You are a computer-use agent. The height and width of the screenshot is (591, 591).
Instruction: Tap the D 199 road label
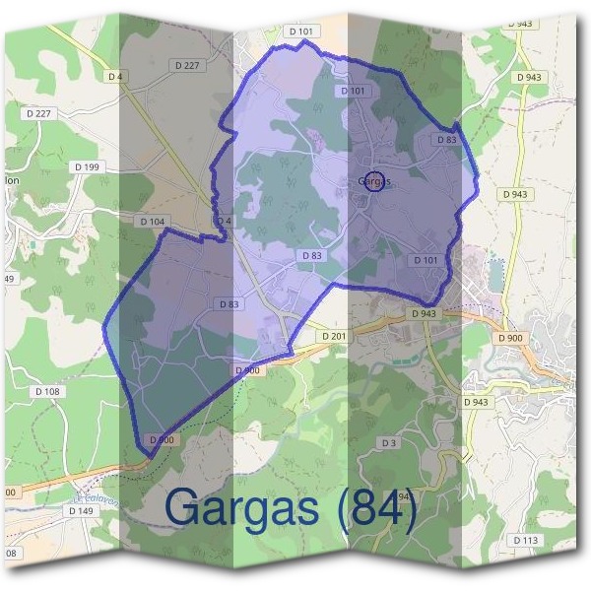(x=87, y=167)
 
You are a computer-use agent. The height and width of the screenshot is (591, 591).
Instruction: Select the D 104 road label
(x=152, y=222)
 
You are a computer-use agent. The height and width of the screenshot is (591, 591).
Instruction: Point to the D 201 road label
(x=334, y=337)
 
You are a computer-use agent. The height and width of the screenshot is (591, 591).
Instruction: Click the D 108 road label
(x=47, y=391)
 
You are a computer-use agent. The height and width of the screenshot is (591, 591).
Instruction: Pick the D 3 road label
(x=389, y=443)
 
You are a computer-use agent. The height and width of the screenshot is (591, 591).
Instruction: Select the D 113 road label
(x=526, y=540)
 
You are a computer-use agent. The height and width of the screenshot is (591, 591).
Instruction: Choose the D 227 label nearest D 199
(x=40, y=113)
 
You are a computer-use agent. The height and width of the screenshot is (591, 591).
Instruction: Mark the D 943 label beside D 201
(x=422, y=313)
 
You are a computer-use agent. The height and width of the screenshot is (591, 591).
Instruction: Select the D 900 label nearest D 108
(x=162, y=439)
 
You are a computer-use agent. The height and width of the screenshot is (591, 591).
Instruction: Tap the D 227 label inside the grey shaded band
(x=185, y=65)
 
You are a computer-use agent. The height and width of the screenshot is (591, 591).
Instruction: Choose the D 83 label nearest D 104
(x=229, y=304)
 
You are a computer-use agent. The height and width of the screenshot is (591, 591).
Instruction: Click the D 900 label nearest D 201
(x=247, y=370)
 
